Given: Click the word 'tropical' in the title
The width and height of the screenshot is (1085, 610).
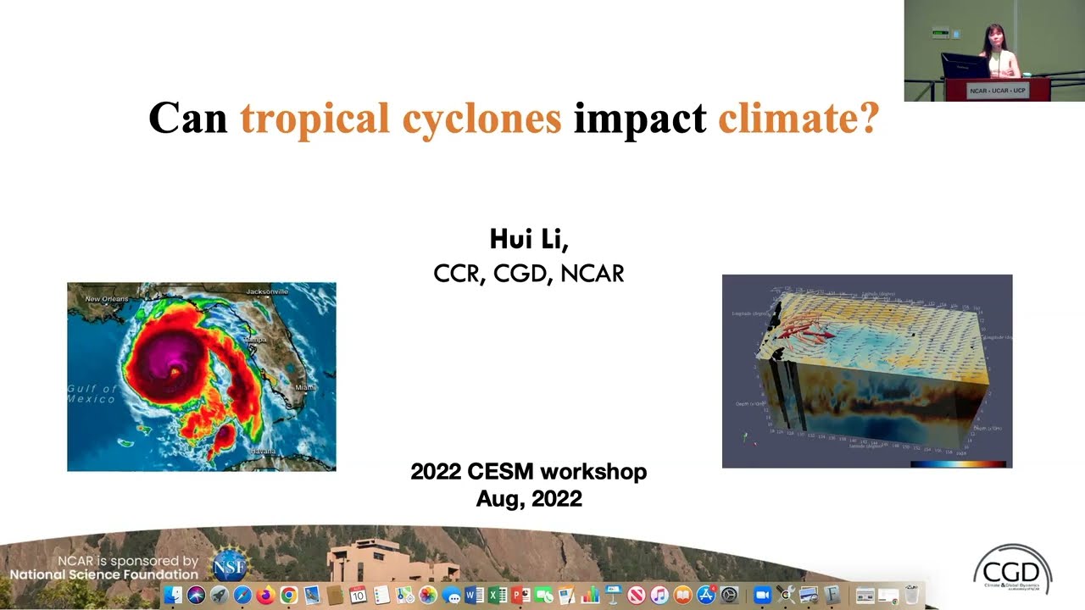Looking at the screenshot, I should pos(314,119).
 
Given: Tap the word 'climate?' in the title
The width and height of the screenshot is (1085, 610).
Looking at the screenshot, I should pos(798,119).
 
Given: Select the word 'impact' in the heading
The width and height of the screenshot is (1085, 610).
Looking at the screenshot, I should pos(640,119).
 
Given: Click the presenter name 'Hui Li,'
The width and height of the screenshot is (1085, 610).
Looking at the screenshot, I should pos(529,239).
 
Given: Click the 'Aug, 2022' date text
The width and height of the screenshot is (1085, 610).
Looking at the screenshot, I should pos(529,498).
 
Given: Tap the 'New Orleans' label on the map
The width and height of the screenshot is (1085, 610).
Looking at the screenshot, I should pos(107,299).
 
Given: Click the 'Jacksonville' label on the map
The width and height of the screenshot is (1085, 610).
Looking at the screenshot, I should pos(267,292).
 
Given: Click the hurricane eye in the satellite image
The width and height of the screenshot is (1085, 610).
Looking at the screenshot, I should pos(175,370).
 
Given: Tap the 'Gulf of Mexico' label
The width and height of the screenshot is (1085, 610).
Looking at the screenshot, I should pos(92,394).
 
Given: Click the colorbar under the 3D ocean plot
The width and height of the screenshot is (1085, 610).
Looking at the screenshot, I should pos(958,463).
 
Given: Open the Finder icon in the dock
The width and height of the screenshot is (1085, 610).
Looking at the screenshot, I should pos(174,596).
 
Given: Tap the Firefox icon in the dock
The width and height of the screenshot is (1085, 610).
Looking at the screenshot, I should pos(265,596).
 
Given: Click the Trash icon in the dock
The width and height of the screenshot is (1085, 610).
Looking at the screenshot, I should pos(911,596).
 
